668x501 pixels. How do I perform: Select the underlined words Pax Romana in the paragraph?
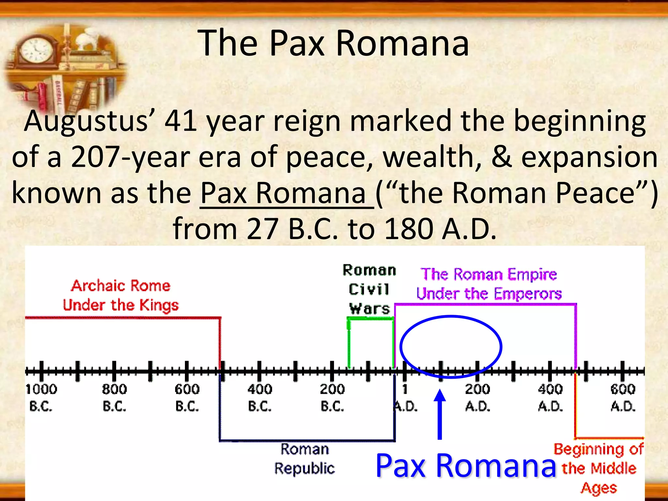283,193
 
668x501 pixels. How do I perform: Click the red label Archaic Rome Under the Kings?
121,295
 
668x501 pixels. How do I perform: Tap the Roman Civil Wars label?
369,289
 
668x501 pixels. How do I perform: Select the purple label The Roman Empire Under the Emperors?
489,284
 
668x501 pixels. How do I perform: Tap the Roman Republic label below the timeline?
304,459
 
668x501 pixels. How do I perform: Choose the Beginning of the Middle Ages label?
599,468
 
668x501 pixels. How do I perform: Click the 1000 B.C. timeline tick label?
41,398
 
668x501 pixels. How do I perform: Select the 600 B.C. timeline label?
187,398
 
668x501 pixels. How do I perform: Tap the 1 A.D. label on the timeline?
405,398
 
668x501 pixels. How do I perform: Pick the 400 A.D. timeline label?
550,398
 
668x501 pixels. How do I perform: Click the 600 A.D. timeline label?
623,398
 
